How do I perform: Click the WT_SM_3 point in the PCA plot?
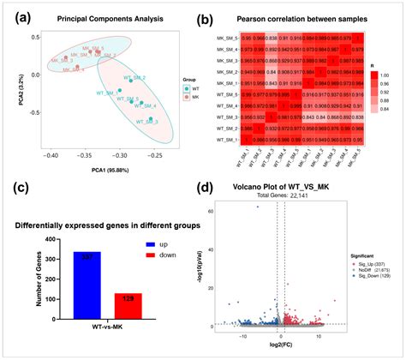(151, 119)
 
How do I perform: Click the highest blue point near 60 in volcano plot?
(255, 207)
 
